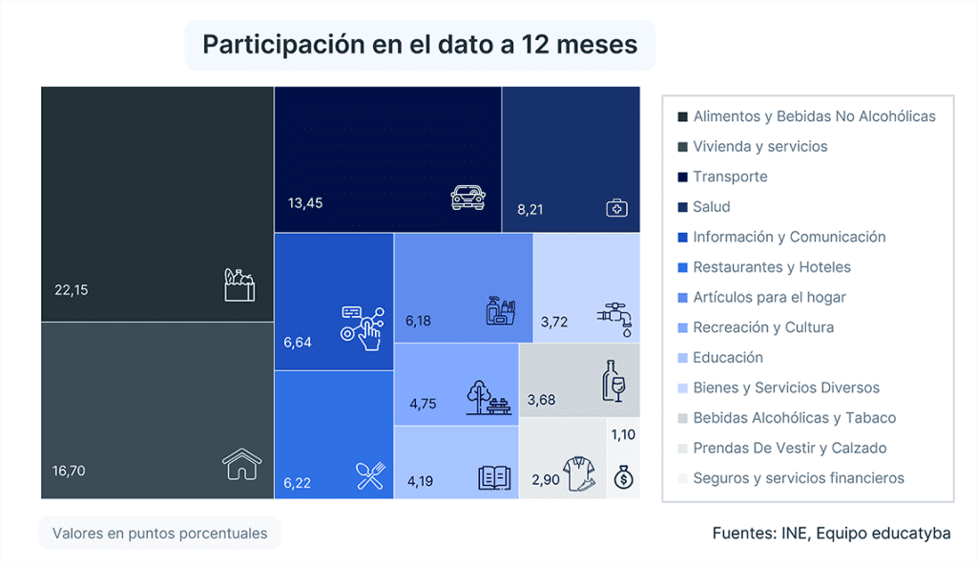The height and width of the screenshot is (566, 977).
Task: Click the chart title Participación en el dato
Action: (x=420, y=45)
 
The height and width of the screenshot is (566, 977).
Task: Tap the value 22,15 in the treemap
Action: (x=71, y=290)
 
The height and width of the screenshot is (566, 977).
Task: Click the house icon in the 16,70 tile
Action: (x=241, y=465)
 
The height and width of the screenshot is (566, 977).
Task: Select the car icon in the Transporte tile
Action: (x=468, y=198)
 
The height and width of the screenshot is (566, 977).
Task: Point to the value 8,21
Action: (x=530, y=209)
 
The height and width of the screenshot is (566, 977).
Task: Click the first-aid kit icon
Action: (x=616, y=208)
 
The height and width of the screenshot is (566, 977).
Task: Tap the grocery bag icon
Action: (x=239, y=284)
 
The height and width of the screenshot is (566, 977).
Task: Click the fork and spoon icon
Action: (x=369, y=474)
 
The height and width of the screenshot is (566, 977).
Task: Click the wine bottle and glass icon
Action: (x=612, y=381)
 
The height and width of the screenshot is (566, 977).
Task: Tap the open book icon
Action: (x=494, y=477)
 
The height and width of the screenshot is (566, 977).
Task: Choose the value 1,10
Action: (x=622, y=434)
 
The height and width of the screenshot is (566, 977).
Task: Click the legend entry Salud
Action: (x=711, y=207)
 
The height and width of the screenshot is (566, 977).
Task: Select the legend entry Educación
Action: (x=728, y=358)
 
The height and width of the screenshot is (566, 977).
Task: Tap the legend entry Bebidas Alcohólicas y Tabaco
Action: (x=794, y=418)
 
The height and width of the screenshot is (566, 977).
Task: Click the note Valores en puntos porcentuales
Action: (x=159, y=534)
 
